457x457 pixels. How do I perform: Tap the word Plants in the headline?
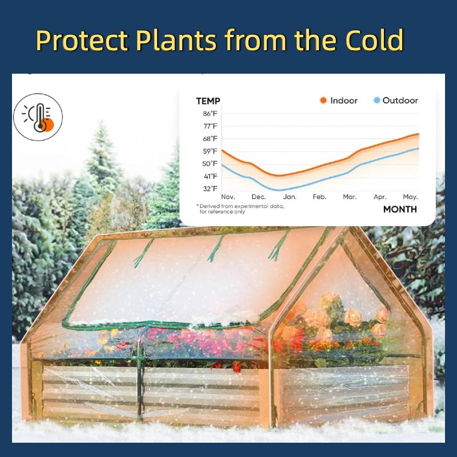pyautogui.click(x=176, y=40)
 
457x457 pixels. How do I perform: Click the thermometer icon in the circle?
pyautogui.click(x=40, y=118)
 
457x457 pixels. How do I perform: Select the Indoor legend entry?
pyautogui.click(x=339, y=101)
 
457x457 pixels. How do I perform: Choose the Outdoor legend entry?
pyautogui.click(x=396, y=101)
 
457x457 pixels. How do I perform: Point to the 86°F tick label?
pyautogui.click(x=210, y=114)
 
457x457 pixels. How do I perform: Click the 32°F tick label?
pyautogui.click(x=210, y=189)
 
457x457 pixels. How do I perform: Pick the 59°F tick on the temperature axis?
pyautogui.click(x=210, y=151)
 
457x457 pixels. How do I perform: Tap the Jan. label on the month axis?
pyautogui.click(x=290, y=197)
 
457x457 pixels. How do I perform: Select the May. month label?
pyautogui.click(x=410, y=197)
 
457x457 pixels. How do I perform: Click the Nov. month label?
pyautogui.click(x=228, y=197)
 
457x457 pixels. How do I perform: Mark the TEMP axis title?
pyautogui.click(x=208, y=101)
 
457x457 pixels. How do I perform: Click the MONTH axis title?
pyautogui.click(x=400, y=209)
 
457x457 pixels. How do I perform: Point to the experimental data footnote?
pyautogui.click(x=240, y=209)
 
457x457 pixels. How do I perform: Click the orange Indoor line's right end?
pyautogui.click(x=419, y=134)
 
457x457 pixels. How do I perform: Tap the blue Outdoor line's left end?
pyautogui.click(x=222, y=165)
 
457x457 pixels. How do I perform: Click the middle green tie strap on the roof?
pyautogui.click(x=216, y=248)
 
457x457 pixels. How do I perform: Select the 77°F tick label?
pyautogui.click(x=210, y=126)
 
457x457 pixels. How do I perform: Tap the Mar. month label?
pyautogui.click(x=350, y=197)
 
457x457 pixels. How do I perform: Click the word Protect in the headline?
pyautogui.click(x=82, y=40)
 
